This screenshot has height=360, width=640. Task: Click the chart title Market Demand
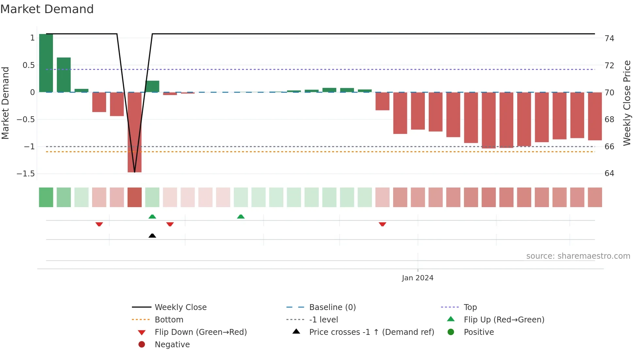coord(47,9)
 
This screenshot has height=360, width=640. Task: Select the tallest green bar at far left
coord(46,63)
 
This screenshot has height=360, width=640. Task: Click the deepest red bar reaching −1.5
coord(135,132)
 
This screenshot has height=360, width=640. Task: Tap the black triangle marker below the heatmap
coord(152,236)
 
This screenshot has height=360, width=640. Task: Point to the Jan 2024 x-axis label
coord(417,278)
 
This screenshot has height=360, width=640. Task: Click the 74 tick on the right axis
coord(609,39)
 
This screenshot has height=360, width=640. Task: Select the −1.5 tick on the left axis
coord(26,173)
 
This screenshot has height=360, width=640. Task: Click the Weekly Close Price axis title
coord(627,103)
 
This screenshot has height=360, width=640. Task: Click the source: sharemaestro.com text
coord(578,256)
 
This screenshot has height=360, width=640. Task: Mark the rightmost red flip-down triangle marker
coord(382,224)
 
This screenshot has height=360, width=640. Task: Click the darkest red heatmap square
coord(135,197)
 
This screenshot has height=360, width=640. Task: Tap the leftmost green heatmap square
coord(46,197)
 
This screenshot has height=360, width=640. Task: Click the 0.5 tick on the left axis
coord(29,65)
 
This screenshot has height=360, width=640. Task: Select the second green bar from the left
coord(64,75)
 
